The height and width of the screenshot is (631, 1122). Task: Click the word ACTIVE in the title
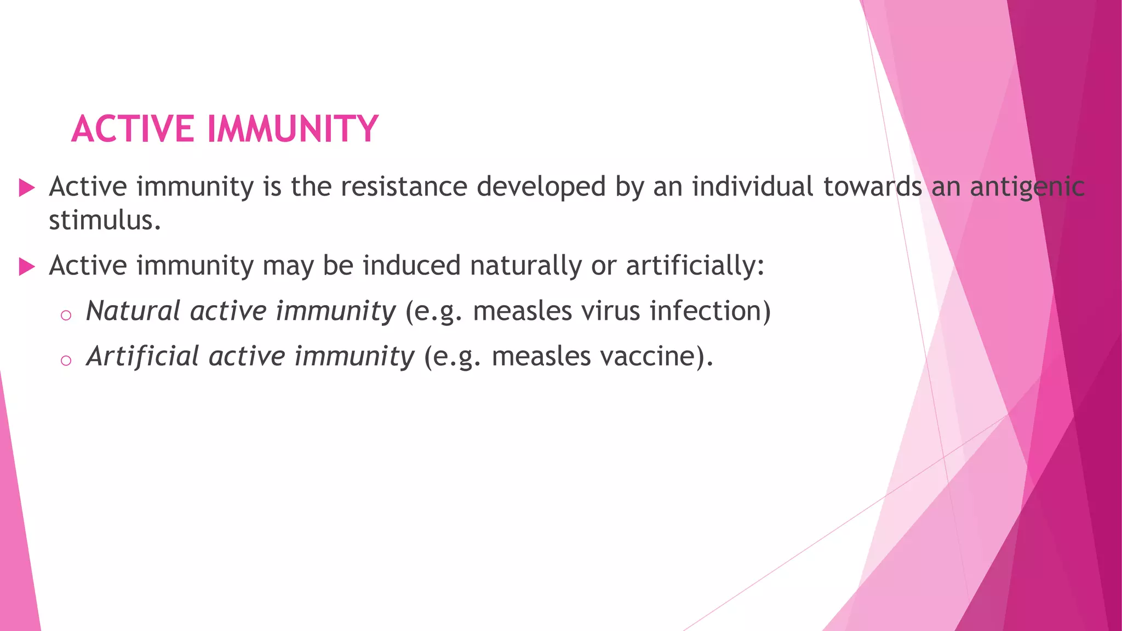click(133, 129)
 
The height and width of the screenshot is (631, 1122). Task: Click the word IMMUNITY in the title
click(293, 129)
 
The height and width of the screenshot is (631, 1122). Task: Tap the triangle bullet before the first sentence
click(26, 188)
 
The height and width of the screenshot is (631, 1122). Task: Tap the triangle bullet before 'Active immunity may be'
click(26, 267)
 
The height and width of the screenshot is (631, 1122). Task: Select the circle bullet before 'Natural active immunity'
click(66, 315)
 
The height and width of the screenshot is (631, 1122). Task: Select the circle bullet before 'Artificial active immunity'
click(66, 360)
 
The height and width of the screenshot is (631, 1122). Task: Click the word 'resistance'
click(404, 187)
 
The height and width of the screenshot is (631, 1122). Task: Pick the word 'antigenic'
click(1027, 187)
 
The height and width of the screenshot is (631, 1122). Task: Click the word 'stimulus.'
click(105, 221)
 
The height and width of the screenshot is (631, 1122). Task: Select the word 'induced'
click(411, 266)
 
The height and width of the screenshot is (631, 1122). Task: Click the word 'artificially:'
click(695, 266)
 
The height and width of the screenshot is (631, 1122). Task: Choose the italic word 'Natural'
click(133, 311)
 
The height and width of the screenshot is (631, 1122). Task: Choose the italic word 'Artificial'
click(142, 356)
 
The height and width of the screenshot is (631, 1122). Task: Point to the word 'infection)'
click(710, 311)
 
